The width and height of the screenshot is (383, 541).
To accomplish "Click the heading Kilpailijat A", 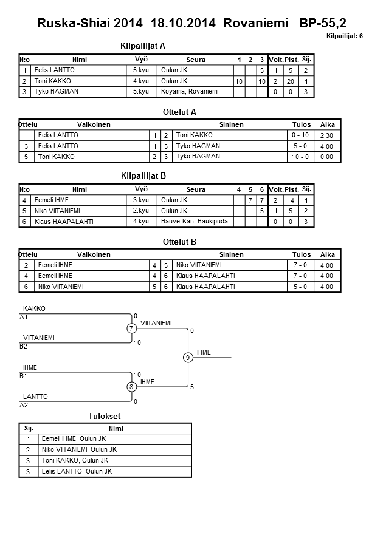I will point(143,46).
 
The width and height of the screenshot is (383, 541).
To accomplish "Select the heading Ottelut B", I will point(180,242).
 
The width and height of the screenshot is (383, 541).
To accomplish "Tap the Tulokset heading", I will point(105,416).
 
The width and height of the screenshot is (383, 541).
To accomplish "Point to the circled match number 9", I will point(188,358).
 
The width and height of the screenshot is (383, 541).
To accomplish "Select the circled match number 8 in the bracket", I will point(131,387).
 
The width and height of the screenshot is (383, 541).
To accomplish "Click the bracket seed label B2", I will point(24,346).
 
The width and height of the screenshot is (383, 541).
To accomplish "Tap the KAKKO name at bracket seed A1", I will point(34,308).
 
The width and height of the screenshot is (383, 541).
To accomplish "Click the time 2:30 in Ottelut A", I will point(327,135).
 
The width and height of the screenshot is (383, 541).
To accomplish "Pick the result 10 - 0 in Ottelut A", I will point(301,157).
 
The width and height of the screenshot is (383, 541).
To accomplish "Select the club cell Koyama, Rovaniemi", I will point(189,92).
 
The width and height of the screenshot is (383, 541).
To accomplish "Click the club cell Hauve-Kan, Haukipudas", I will point(195,222).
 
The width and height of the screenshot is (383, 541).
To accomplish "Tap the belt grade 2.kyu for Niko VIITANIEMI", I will point(140,211).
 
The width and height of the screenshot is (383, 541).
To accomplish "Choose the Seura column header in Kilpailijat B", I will point(196,189).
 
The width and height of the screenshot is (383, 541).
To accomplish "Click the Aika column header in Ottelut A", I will point(328,124).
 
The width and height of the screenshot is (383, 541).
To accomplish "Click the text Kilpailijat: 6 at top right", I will point(345,36).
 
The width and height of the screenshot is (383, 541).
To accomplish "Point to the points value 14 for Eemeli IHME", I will point(291,200).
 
